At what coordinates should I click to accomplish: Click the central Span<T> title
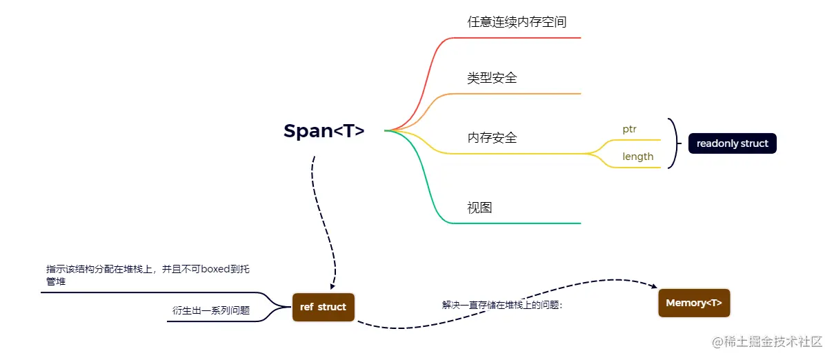pos(324,131)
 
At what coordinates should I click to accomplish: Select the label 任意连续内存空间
pos(517,21)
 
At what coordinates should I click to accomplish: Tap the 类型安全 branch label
pos(492,78)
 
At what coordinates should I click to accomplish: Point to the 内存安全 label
pos(492,138)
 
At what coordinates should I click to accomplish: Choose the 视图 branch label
pos(479,208)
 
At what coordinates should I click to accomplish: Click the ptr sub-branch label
pos(629,129)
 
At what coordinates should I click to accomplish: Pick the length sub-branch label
pos(637,157)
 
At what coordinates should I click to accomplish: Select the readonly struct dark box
pos(732,143)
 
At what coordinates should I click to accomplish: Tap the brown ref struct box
pos(323,307)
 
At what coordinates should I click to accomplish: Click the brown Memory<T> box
pos(694,303)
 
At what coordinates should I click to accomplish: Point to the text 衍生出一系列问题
pos(210,311)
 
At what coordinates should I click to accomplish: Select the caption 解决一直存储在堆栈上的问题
pos(502,304)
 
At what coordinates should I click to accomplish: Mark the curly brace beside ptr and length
pos(674,143)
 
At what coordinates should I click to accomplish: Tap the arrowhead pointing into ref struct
pos(332,286)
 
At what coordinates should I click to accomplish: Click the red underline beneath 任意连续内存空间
pos(524,38)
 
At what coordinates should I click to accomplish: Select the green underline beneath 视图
pos(524,223)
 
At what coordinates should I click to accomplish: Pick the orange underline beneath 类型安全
pos(524,94)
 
